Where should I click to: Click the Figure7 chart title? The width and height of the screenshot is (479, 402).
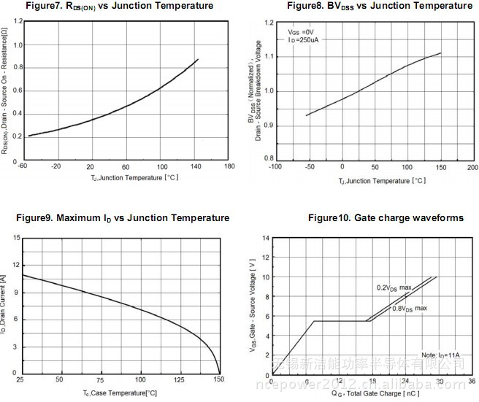120,6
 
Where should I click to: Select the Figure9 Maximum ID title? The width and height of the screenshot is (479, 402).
123,218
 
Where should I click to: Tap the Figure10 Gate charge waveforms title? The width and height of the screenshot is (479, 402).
386,218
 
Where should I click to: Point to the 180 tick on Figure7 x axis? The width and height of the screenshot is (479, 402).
229,166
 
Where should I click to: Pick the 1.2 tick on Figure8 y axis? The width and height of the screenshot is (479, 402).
269,23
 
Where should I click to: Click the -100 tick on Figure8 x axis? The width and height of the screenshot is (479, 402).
275,167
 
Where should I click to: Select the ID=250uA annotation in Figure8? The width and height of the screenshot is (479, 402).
304,40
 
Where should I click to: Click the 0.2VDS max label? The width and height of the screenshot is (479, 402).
394,287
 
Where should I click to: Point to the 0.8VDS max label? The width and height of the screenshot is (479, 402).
410,309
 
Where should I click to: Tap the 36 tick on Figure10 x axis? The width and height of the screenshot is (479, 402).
472,381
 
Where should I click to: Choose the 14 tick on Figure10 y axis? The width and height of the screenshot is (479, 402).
264,238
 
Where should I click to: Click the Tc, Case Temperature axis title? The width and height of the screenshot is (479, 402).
120,393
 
